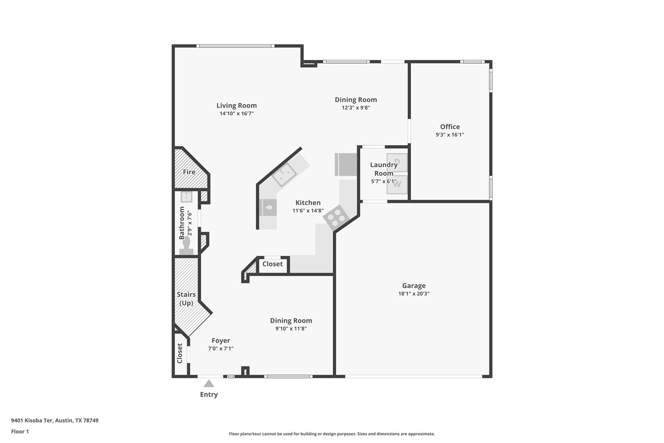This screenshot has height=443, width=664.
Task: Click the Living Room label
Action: [x=236, y=105]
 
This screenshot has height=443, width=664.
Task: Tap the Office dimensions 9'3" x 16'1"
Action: [x=450, y=135]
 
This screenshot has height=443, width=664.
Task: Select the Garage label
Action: [x=414, y=286]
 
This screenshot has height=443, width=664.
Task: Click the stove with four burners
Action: [x=336, y=218]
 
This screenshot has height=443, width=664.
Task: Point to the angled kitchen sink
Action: [x=284, y=175]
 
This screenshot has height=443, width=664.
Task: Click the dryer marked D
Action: [x=397, y=162]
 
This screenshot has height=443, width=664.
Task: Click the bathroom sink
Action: [x=186, y=197]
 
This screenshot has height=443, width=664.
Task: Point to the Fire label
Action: [x=189, y=172]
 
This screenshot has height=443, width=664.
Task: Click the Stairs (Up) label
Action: [x=186, y=299]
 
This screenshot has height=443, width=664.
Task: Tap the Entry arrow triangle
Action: [x=209, y=384]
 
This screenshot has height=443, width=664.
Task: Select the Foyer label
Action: [x=221, y=340]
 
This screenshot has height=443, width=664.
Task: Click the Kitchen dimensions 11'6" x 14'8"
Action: [x=308, y=211]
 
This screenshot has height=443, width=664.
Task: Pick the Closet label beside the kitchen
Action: [x=272, y=264]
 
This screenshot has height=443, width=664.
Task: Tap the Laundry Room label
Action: [x=384, y=169]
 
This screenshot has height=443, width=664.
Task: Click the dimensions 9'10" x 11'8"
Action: [x=291, y=328]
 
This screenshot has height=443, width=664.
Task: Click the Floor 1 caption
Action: [x=20, y=431]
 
